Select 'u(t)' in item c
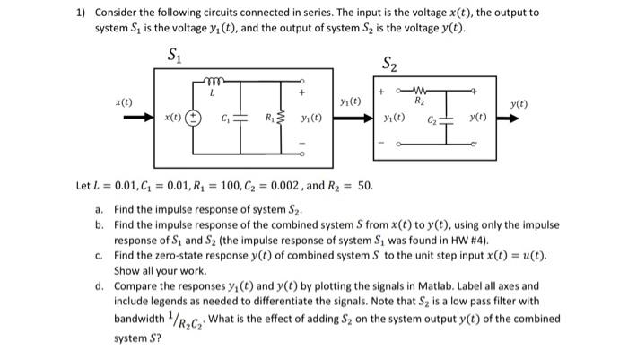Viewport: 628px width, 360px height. point(535,255)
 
